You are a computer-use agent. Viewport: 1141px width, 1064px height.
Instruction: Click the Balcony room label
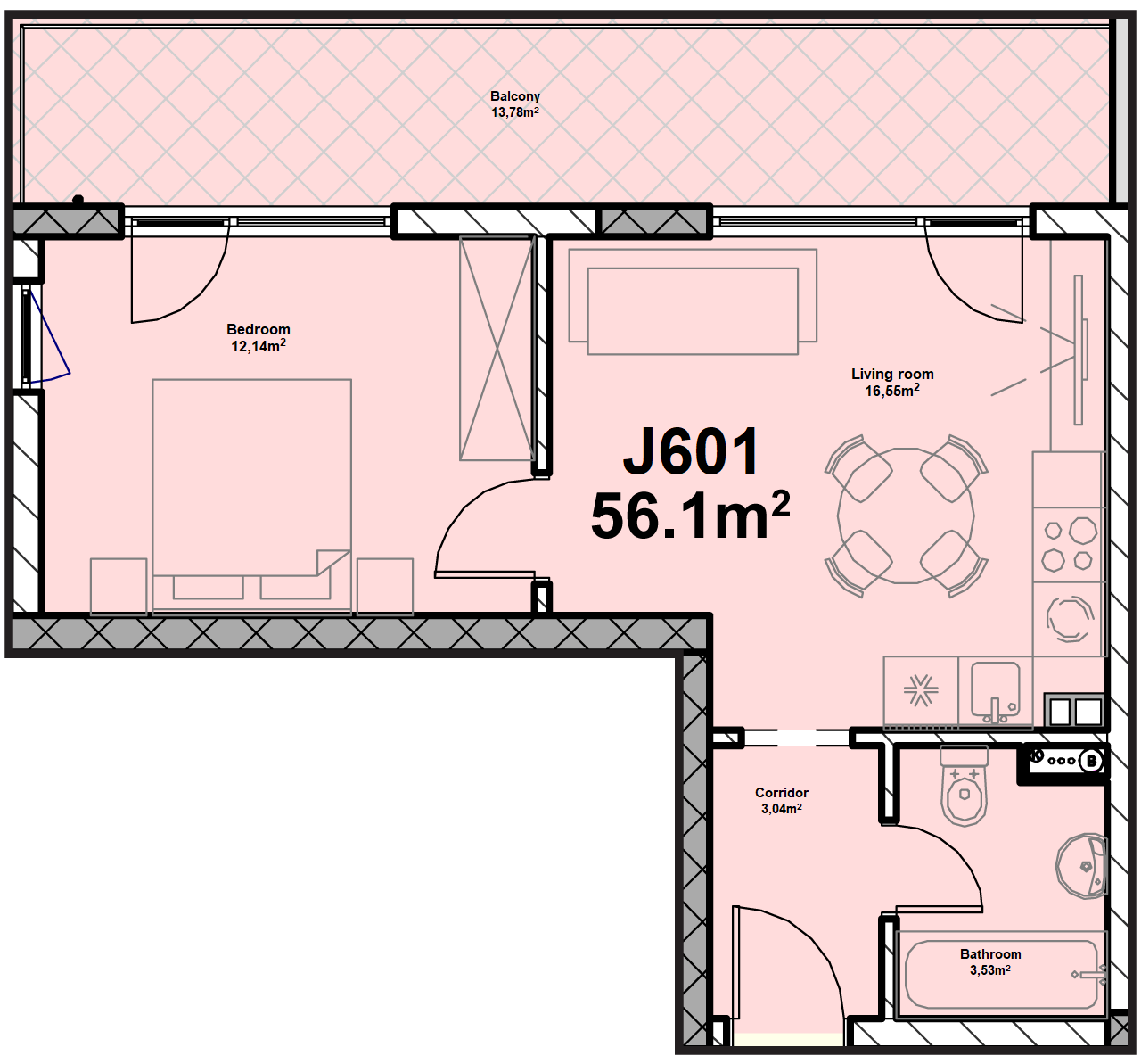(x=514, y=96)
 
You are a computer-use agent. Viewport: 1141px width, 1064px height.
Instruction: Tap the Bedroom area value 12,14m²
(x=259, y=345)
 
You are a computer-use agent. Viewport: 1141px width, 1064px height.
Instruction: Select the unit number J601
(x=691, y=452)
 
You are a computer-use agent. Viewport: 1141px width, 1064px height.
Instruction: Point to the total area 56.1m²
(x=690, y=516)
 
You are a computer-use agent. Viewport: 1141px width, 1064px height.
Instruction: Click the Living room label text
(x=892, y=374)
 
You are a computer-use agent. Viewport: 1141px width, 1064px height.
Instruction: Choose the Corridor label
(x=782, y=792)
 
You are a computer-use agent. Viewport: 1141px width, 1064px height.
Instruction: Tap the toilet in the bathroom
(x=964, y=785)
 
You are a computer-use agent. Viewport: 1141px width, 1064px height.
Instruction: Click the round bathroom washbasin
(x=1081, y=866)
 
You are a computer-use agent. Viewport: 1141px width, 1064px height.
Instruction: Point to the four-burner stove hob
(x=1067, y=544)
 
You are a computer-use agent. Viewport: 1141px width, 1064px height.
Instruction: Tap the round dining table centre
(x=906, y=516)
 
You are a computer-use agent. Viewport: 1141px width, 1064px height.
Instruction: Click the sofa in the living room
(x=693, y=301)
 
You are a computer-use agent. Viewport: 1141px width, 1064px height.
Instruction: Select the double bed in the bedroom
(x=251, y=497)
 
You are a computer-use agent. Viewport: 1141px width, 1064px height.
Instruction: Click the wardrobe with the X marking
(x=497, y=349)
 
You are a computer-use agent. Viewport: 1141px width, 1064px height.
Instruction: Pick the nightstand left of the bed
(x=119, y=586)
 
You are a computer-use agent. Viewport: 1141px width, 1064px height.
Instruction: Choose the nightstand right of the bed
(x=385, y=586)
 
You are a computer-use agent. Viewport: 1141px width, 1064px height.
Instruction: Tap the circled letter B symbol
(x=1091, y=761)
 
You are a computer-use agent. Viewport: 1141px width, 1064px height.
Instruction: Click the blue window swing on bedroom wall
(x=49, y=337)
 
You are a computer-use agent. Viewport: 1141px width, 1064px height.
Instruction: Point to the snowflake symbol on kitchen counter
(x=921, y=689)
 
